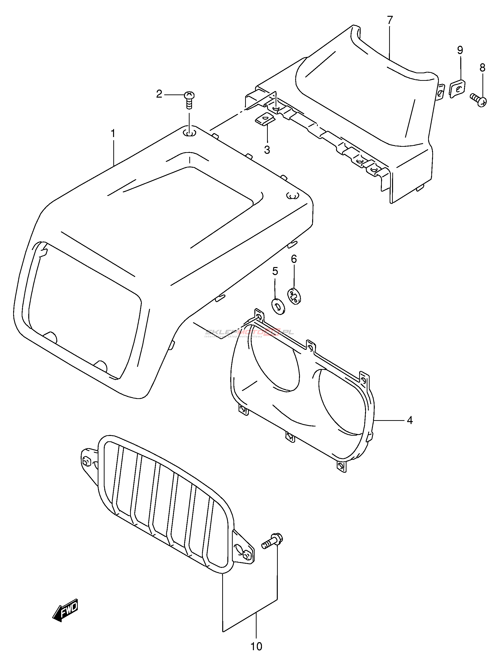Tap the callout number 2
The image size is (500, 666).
[x=159, y=94]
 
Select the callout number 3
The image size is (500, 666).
[x=267, y=150]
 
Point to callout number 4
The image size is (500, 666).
[x=410, y=420]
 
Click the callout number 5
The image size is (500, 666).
[x=275, y=271]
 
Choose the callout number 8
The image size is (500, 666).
[x=482, y=68]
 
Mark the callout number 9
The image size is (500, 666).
[x=460, y=50]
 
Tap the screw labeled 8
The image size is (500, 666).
[x=479, y=100]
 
